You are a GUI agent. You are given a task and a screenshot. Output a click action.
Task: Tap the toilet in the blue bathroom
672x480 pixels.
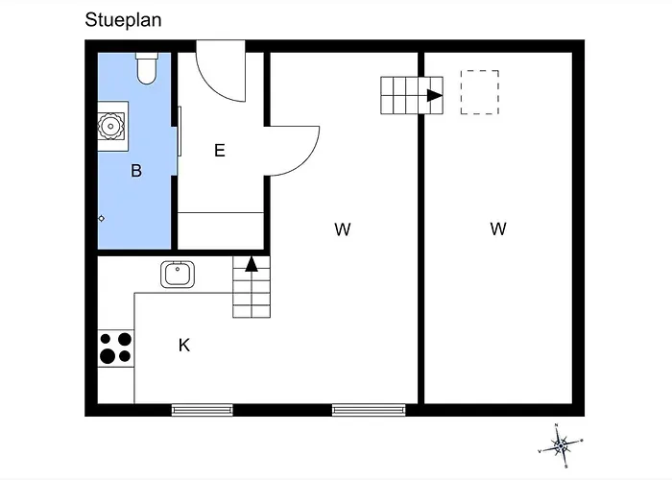tap(147, 68)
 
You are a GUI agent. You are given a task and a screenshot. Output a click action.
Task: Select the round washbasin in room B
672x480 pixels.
tap(110, 125)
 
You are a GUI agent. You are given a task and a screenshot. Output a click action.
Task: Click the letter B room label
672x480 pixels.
tap(136, 171)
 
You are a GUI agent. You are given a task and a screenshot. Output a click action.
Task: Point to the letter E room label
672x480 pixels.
tap(220, 151)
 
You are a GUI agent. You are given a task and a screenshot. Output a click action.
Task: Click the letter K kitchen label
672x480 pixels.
tap(183, 345)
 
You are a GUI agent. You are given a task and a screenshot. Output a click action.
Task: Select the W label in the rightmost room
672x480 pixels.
tap(497, 228)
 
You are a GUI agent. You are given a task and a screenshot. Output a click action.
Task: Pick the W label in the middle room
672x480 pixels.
tap(343, 228)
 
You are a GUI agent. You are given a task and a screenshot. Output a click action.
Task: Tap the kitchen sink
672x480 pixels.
tap(178, 275)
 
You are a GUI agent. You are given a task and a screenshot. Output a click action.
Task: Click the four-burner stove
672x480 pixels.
tap(115, 348)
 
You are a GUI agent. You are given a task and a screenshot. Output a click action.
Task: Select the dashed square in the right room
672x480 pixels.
tap(479, 92)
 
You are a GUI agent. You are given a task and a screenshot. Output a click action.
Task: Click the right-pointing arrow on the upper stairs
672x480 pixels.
tap(434, 95)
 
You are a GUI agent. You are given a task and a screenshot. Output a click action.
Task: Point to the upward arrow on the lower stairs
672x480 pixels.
tap(252, 264)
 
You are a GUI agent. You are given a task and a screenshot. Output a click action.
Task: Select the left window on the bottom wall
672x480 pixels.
tap(203, 410)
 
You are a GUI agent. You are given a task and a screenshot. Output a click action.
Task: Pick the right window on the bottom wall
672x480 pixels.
tap(363, 410)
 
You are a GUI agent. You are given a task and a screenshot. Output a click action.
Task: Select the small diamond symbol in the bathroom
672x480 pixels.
tap(101, 219)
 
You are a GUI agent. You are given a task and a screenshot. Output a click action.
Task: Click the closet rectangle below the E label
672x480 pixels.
tap(222, 228)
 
